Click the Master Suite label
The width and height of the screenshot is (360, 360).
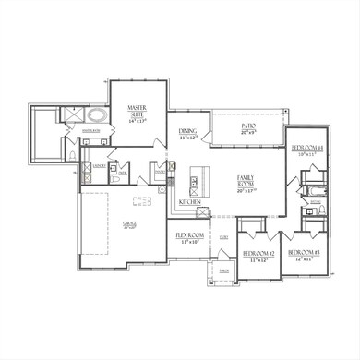138,112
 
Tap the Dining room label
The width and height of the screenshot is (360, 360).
187,132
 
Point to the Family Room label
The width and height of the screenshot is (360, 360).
246,179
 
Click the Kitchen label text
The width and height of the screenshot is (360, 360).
190,201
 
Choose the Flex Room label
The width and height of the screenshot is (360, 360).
188,235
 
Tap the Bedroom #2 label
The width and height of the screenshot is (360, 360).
258,253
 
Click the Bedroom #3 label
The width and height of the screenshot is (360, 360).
303,253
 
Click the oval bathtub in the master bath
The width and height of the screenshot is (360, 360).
99,117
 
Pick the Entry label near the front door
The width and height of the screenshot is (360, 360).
223,238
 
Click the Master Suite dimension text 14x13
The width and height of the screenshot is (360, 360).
138,121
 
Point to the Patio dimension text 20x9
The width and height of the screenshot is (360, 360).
247,133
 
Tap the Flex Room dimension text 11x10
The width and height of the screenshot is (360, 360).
188,243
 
